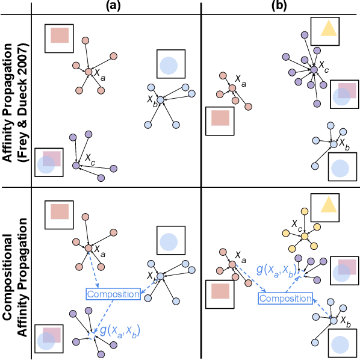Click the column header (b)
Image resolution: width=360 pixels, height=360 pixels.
(281, 6)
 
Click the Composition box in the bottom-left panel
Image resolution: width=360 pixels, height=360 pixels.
(113, 294)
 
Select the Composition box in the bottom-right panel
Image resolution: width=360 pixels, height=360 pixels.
(286, 298)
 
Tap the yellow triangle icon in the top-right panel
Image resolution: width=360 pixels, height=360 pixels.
(327, 28)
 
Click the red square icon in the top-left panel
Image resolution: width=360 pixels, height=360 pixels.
(60, 36)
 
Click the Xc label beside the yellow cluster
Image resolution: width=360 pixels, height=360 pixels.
(296, 226)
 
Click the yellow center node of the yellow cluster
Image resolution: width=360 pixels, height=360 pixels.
(305, 236)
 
